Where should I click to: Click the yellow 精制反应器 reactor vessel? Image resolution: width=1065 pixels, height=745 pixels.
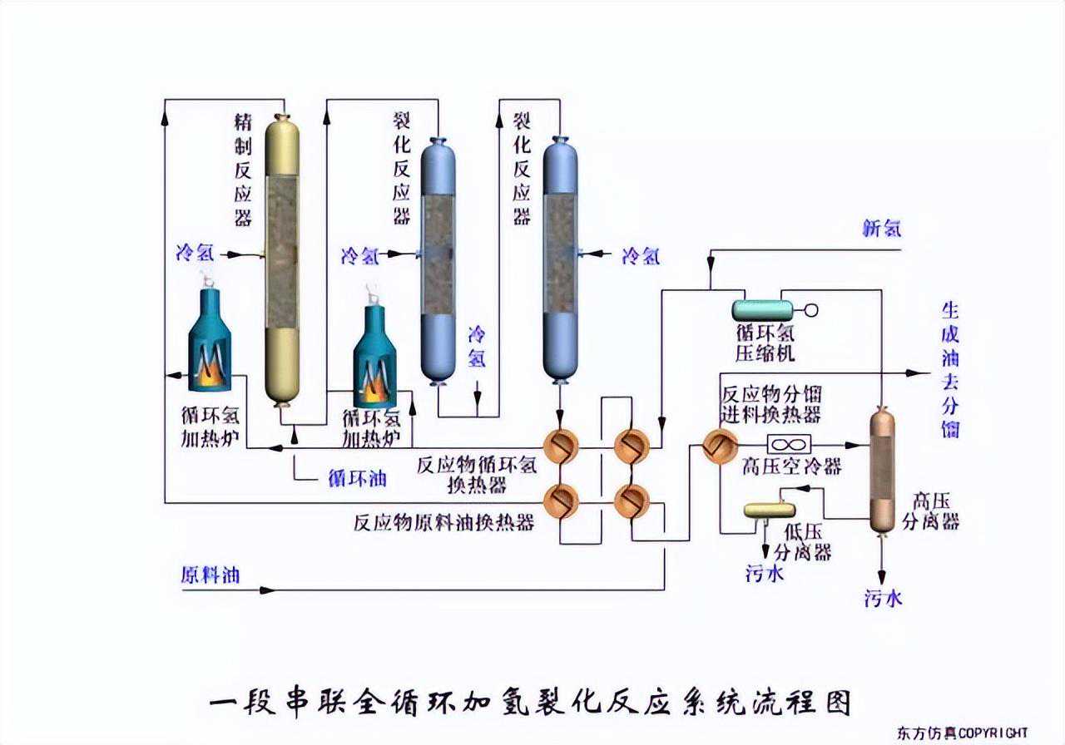coord(282,258)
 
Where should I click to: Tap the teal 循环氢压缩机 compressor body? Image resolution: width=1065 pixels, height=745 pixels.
coord(761,309)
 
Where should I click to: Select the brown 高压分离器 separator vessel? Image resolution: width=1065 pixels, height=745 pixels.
coord(881,470)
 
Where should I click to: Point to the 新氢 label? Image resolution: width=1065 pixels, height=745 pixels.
coord(881,229)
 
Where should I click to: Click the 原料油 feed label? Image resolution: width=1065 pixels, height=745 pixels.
coord(210,575)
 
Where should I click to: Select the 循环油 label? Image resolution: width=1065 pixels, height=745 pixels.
coord(357,480)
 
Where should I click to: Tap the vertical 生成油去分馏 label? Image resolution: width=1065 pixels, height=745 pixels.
coord(949,370)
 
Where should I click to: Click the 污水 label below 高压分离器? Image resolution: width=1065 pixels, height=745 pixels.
coord(883,599)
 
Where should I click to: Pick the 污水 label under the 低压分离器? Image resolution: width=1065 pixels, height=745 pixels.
coord(765,573)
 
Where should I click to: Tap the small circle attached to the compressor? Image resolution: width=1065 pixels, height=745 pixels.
coord(810,310)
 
